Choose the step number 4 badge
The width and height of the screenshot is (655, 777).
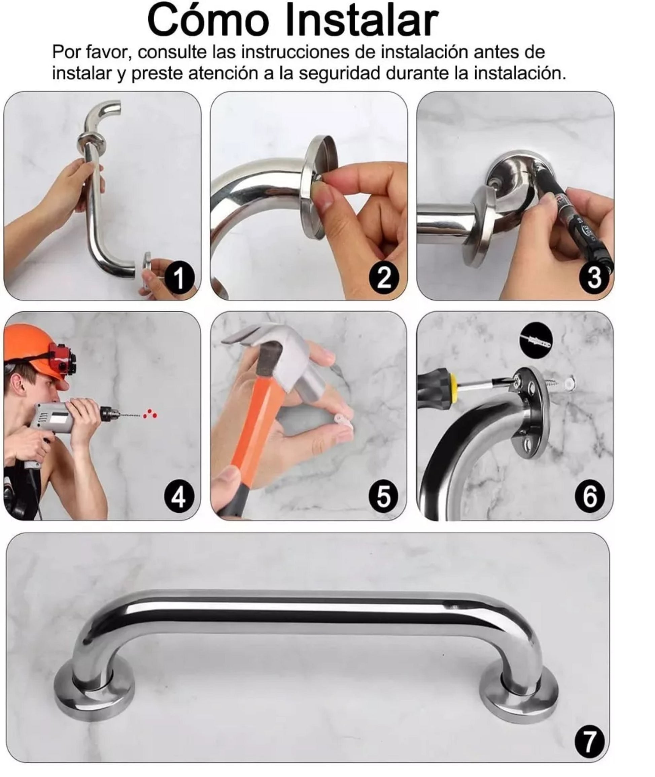tap(179, 496)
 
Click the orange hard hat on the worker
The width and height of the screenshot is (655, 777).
tap(35, 347)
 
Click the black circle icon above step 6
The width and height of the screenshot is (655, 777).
tap(536, 341)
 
